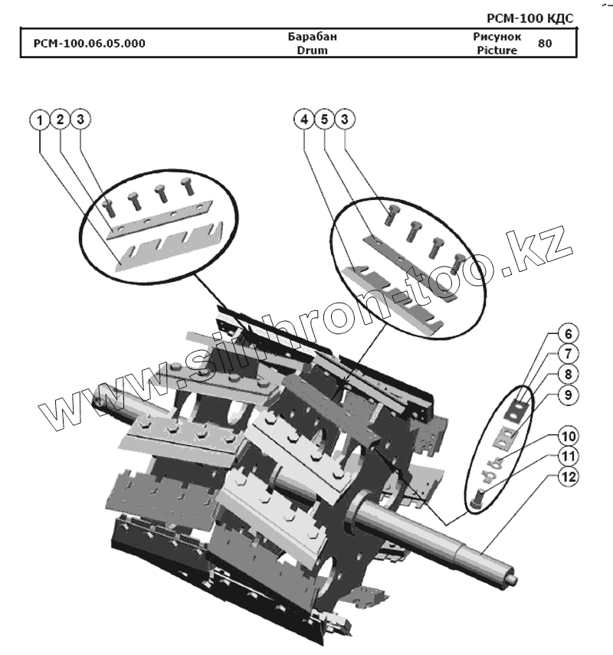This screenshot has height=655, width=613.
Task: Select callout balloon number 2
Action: (x=61, y=120)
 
